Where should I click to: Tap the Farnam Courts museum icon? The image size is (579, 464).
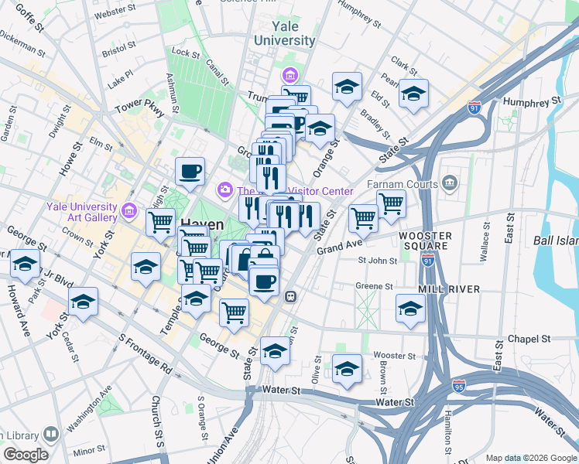pyautogui.click(x=451, y=183)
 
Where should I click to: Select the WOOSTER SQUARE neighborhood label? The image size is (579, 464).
pyautogui.click(x=425, y=241)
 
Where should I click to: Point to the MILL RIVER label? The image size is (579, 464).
pyautogui.click(x=448, y=288)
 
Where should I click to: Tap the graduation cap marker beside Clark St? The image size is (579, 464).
pyautogui.click(x=413, y=94)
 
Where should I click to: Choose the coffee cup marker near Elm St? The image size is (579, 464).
pyautogui.click(x=190, y=172)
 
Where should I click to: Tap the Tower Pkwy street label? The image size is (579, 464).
pyautogui.click(x=139, y=109)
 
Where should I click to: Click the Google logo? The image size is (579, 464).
pyautogui.click(x=26, y=454)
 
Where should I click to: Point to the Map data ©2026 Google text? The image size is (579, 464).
pyautogui.click(x=530, y=457)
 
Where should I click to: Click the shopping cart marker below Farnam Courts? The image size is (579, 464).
pyautogui.click(x=391, y=204)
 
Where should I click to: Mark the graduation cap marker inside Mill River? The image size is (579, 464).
pyautogui.click(x=410, y=308)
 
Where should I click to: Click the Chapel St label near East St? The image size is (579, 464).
pyautogui.click(x=529, y=339)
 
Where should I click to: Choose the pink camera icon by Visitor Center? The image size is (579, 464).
pyautogui.click(x=225, y=189)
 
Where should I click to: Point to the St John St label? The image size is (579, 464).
pyautogui.click(x=376, y=261)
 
